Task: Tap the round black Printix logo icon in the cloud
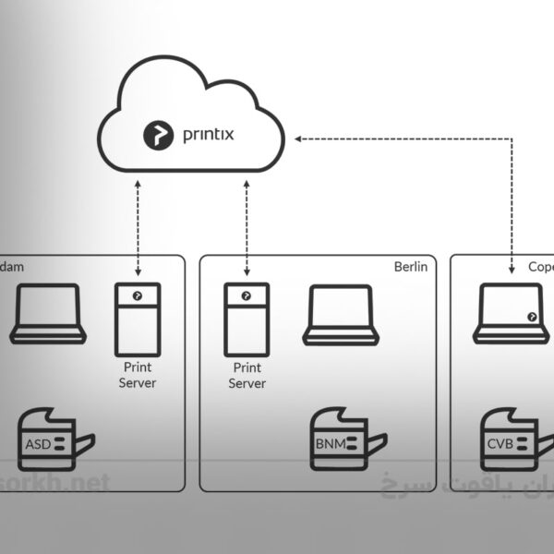(x=158, y=135)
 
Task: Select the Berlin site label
(x=410, y=267)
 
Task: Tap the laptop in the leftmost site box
(x=48, y=314)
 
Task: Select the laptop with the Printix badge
(x=508, y=314)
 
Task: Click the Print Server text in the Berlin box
(x=247, y=376)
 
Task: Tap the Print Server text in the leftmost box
(x=138, y=375)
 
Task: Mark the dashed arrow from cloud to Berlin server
(x=247, y=226)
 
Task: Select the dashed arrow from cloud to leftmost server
(x=138, y=226)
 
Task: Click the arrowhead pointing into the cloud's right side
(x=299, y=138)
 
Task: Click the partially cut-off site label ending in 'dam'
(x=11, y=267)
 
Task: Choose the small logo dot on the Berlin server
(x=246, y=295)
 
